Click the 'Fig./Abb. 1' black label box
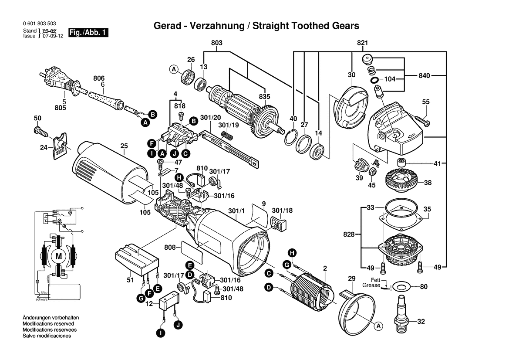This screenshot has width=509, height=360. (x=87, y=33)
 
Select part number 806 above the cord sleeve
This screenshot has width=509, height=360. (x=99, y=78)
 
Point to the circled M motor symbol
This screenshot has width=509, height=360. (x=58, y=256)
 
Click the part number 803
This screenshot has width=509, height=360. (x=217, y=43)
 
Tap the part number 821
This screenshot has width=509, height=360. (x=363, y=43)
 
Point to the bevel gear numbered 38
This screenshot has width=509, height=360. (x=400, y=181)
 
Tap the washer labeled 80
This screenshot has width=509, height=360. (x=399, y=287)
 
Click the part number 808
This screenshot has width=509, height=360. (x=170, y=247)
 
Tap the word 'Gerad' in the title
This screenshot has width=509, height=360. (x=166, y=26)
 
